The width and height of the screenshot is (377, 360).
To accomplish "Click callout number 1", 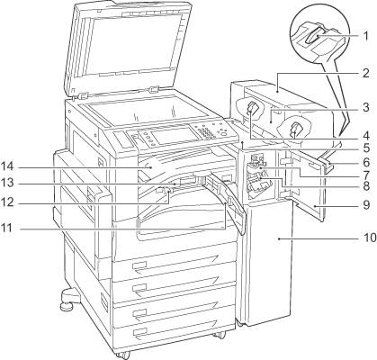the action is tap(365, 36).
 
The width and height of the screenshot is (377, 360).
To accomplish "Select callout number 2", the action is tap(365, 73).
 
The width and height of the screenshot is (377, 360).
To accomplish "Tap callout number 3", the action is tap(365, 107).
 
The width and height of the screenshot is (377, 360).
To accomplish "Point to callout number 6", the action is tap(366, 163).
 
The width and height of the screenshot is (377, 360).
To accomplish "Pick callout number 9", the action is tap(366, 204).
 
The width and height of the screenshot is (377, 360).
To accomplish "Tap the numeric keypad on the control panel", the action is tap(206, 132).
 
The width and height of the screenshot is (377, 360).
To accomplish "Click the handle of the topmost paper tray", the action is tap(139, 265).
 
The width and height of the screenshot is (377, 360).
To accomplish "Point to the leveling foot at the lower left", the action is tap(68, 301).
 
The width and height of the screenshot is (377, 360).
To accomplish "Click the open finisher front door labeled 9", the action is tap(304, 183).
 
